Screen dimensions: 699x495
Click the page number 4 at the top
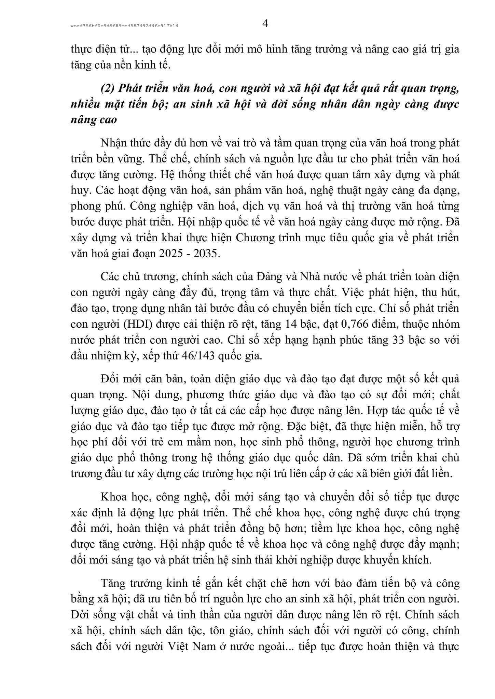click(265, 24)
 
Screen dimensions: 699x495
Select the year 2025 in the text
click(174, 254)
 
